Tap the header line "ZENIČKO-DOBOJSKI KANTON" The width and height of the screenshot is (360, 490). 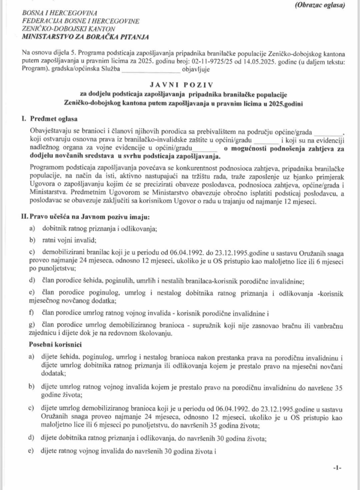(61, 30)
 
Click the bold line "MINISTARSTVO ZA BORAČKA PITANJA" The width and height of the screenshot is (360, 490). (85, 37)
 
